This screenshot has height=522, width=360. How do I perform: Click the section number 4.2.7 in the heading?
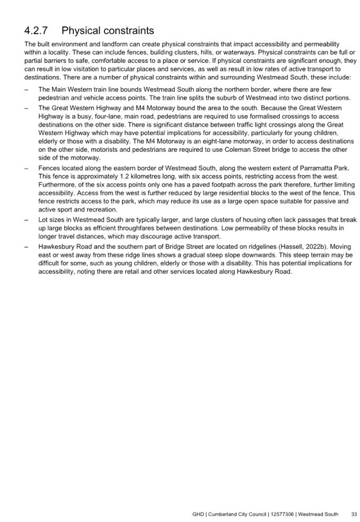pos(36,31)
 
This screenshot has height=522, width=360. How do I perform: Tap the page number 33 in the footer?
pos(354,514)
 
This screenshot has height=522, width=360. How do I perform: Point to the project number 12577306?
pos(282,514)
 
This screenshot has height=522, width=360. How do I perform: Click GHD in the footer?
pos(198,514)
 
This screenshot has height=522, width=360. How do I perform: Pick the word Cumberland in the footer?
pos(222,514)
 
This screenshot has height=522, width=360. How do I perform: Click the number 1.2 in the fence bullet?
pos(124,176)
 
